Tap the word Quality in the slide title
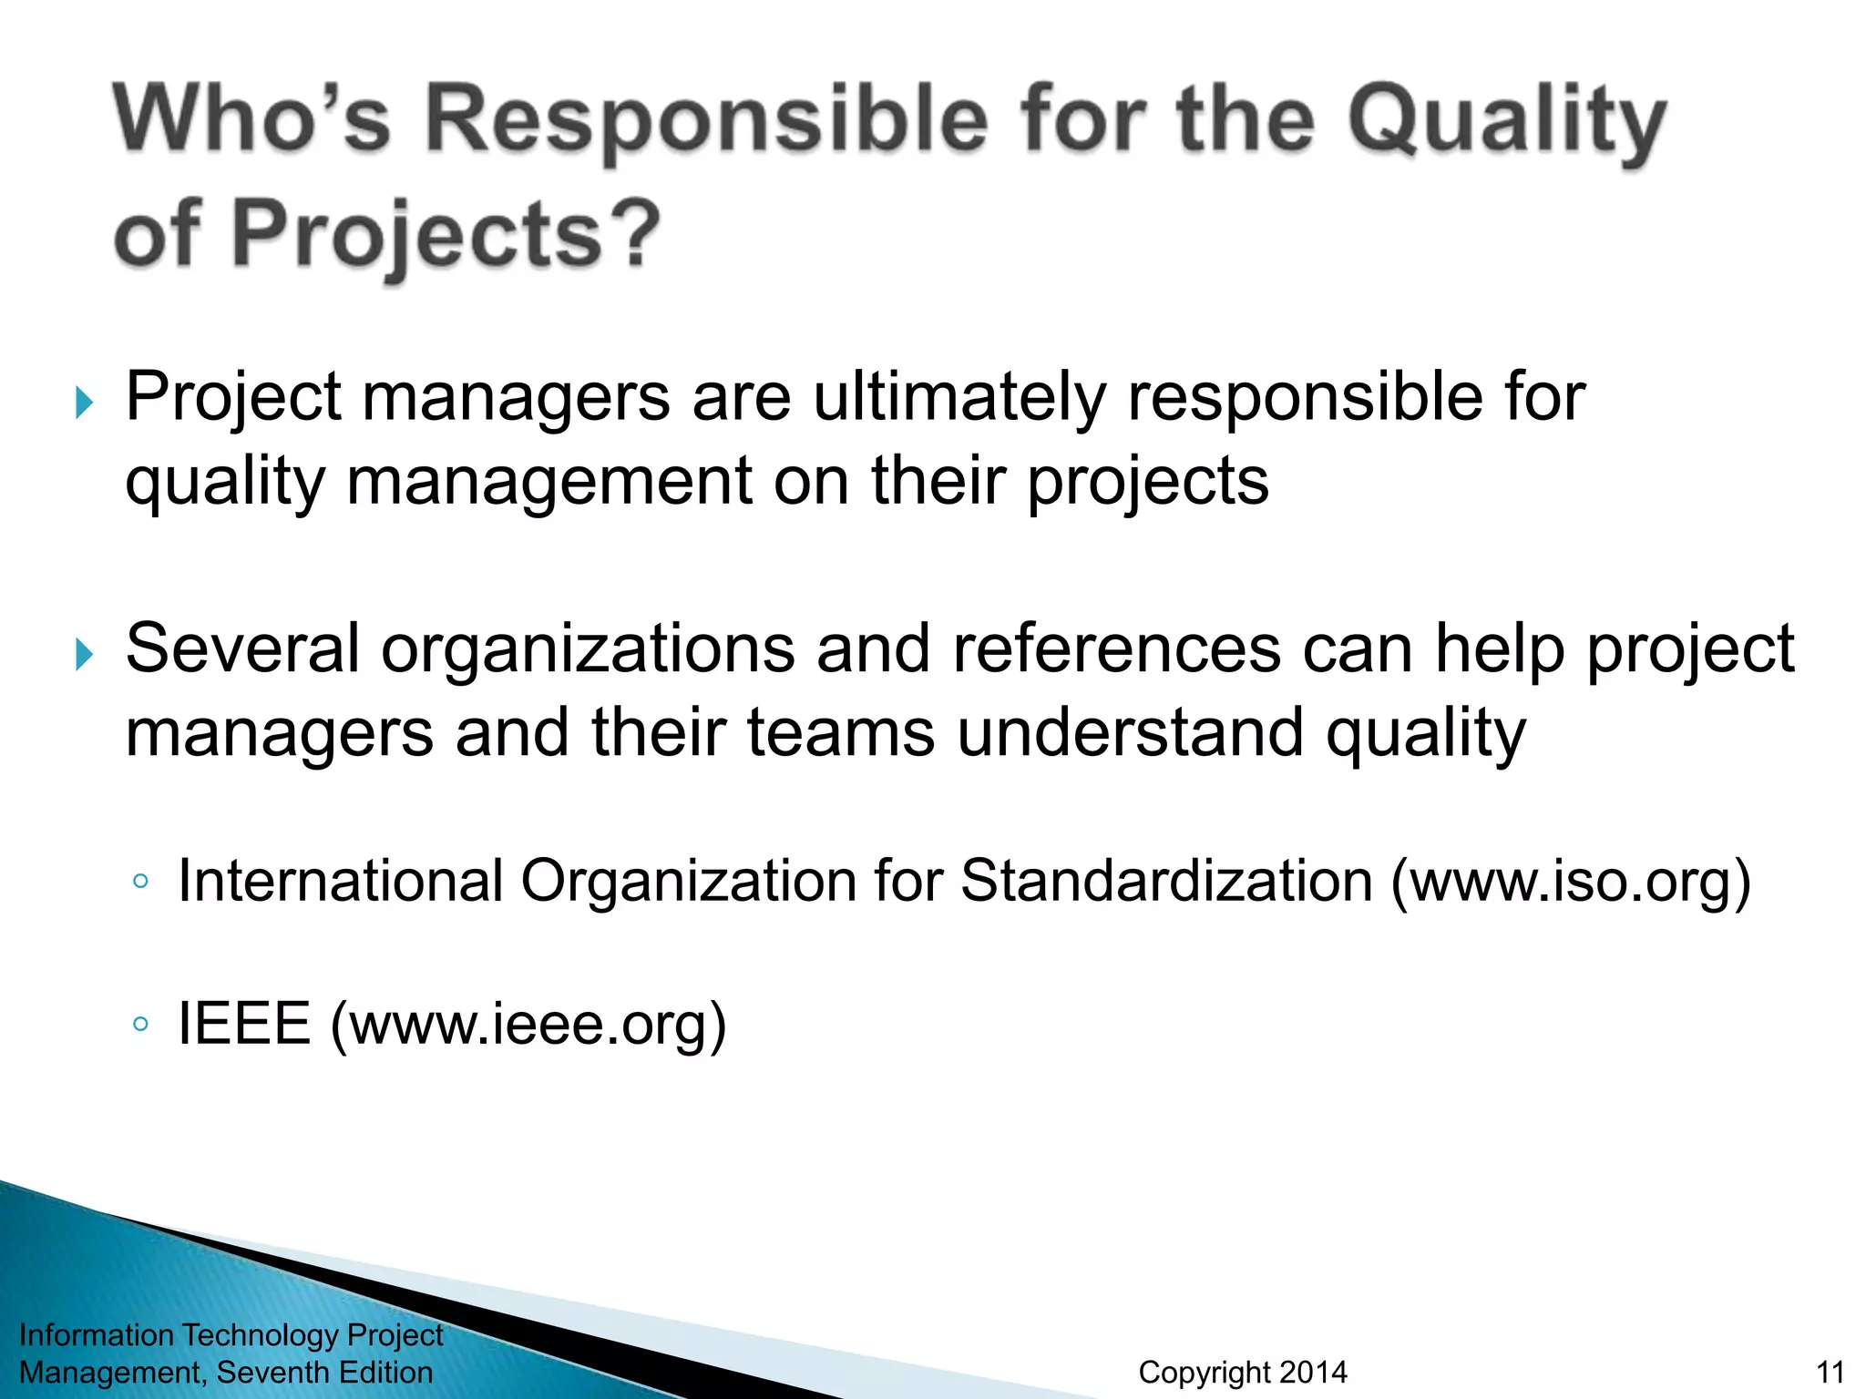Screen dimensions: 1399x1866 click(1508, 123)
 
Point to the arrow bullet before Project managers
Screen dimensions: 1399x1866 click(84, 402)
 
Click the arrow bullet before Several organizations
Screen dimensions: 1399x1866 click(84, 654)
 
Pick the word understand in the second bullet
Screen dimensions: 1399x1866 click(1130, 733)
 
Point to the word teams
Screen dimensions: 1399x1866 click(841, 733)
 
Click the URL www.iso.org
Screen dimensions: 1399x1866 click(1569, 882)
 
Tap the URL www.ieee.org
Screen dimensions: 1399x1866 click(528, 1024)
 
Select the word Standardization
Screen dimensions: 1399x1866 click(1166, 882)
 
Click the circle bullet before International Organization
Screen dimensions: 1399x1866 click(140, 882)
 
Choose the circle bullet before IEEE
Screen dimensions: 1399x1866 click(140, 1024)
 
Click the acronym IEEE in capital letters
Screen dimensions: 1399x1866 click(244, 1024)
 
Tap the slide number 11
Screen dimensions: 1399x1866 click(1830, 1372)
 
